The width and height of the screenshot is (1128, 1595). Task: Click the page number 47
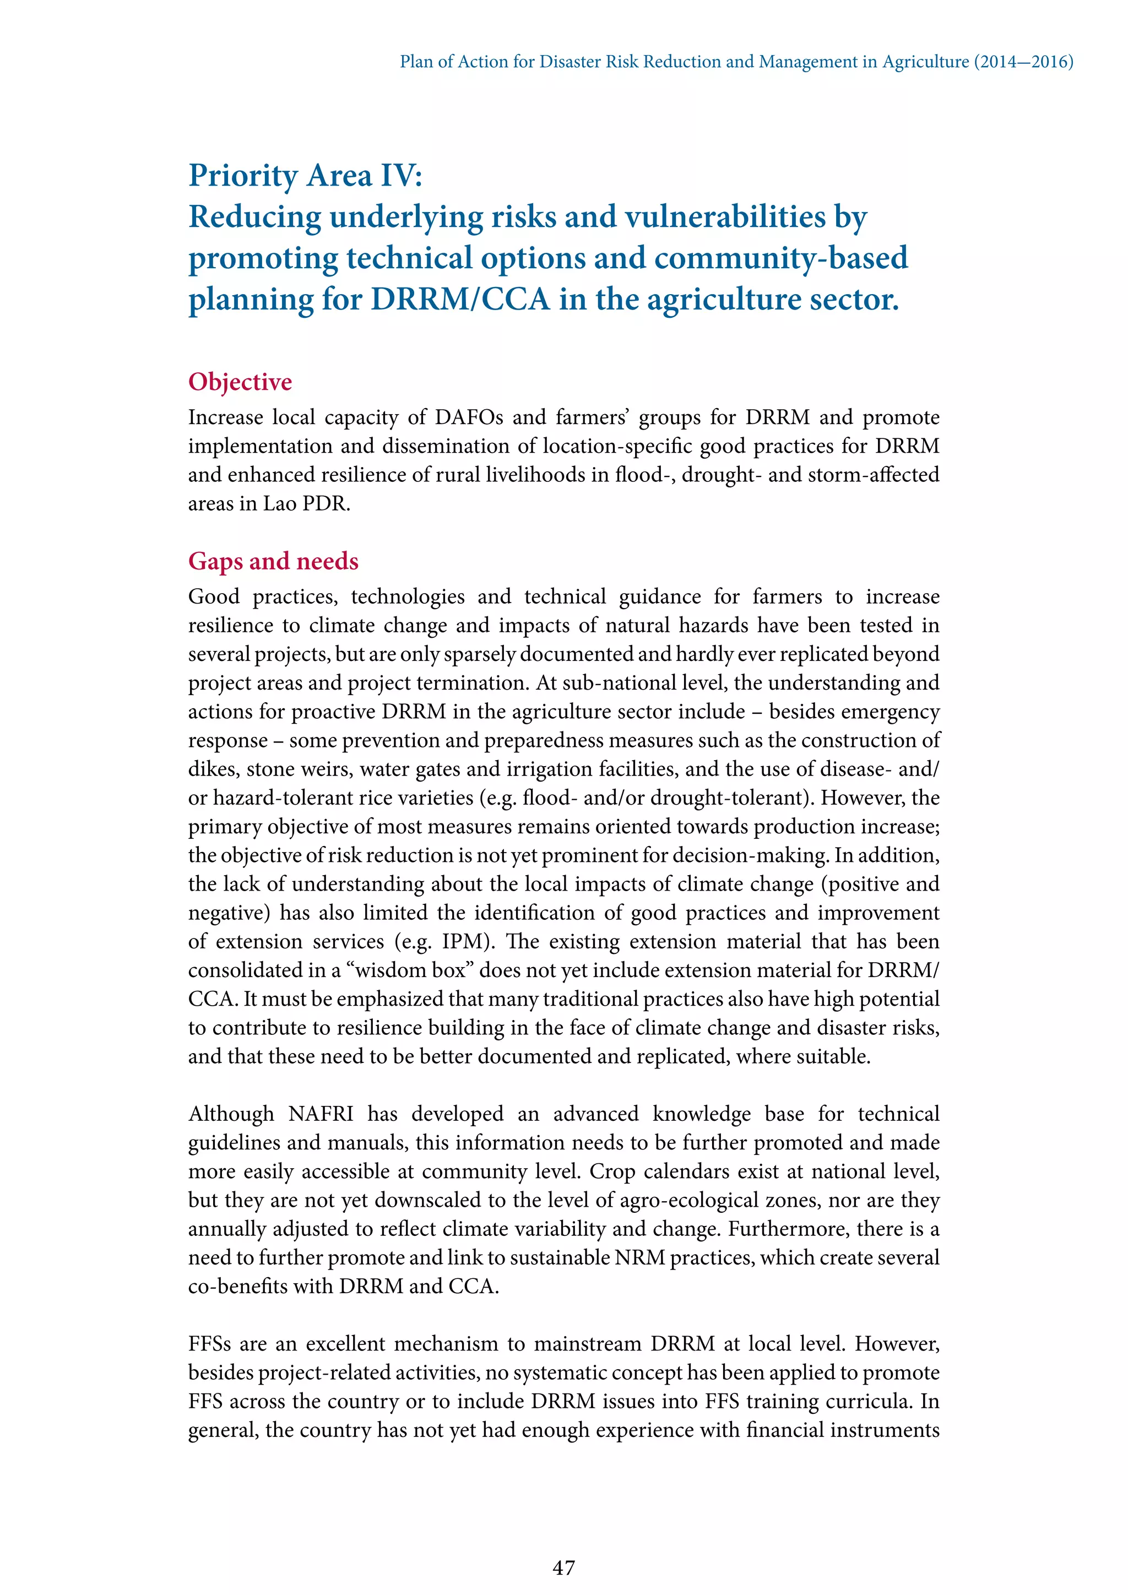click(x=563, y=1567)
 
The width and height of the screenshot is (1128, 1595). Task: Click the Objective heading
click(x=240, y=382)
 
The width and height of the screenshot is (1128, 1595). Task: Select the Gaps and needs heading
click(x=273, y=561)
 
